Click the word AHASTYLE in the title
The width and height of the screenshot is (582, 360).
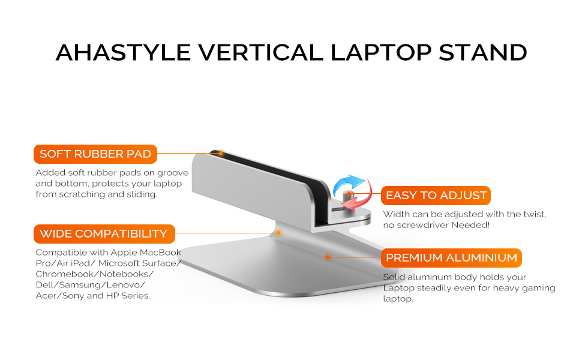pos(124,52)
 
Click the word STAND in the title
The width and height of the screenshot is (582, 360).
pos(483,52)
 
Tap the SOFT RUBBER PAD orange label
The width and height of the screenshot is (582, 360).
pos(95,154)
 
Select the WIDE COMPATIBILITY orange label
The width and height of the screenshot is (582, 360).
pos(104,234)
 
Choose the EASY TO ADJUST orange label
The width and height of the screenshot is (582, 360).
pos(436,195)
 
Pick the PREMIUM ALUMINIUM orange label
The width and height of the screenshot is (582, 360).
pos(451,257)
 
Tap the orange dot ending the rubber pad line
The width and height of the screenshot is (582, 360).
pos(220,153)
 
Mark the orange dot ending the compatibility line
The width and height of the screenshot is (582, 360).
pos(278,233)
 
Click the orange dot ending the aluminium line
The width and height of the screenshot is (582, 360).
pos(328,257)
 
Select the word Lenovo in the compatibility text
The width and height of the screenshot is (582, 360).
pos(125,285)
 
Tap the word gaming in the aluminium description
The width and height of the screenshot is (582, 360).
pos(538,289)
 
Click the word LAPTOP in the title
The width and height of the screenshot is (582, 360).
pos(381,52)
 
